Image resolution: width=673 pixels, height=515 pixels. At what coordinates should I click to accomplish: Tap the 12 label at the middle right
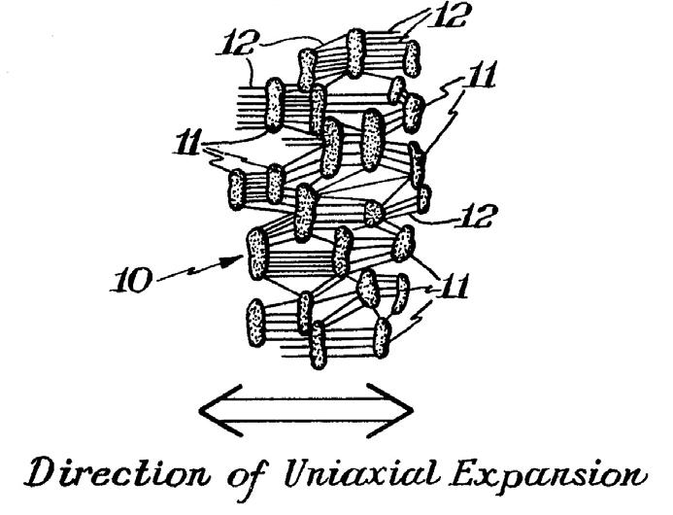pyautogui.click(x=471, y=217)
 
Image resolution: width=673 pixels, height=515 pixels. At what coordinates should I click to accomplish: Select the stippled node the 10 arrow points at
pyautogui.click(x=257, y=254)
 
